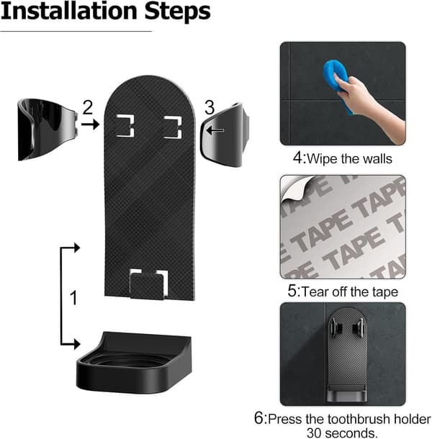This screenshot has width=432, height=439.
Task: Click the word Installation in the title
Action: point(68,12)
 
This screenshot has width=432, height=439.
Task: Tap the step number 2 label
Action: point(87,107)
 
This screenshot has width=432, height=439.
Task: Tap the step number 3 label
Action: point(210,107)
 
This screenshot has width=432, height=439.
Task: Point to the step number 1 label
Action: point(73,298)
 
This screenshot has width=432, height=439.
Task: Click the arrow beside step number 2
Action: point(90,124)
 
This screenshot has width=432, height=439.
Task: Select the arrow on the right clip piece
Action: point(215,130)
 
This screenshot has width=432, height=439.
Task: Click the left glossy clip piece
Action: point(48,130)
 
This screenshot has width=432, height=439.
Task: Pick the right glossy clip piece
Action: point(225,135)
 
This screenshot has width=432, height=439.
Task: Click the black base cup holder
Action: point(134,363)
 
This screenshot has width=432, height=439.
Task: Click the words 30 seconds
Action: point(342,433)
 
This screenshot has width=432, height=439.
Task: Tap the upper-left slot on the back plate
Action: point(125,126)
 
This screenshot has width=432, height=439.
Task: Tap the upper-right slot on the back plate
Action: point(173,127)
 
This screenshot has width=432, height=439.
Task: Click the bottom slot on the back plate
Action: point(149,284)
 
